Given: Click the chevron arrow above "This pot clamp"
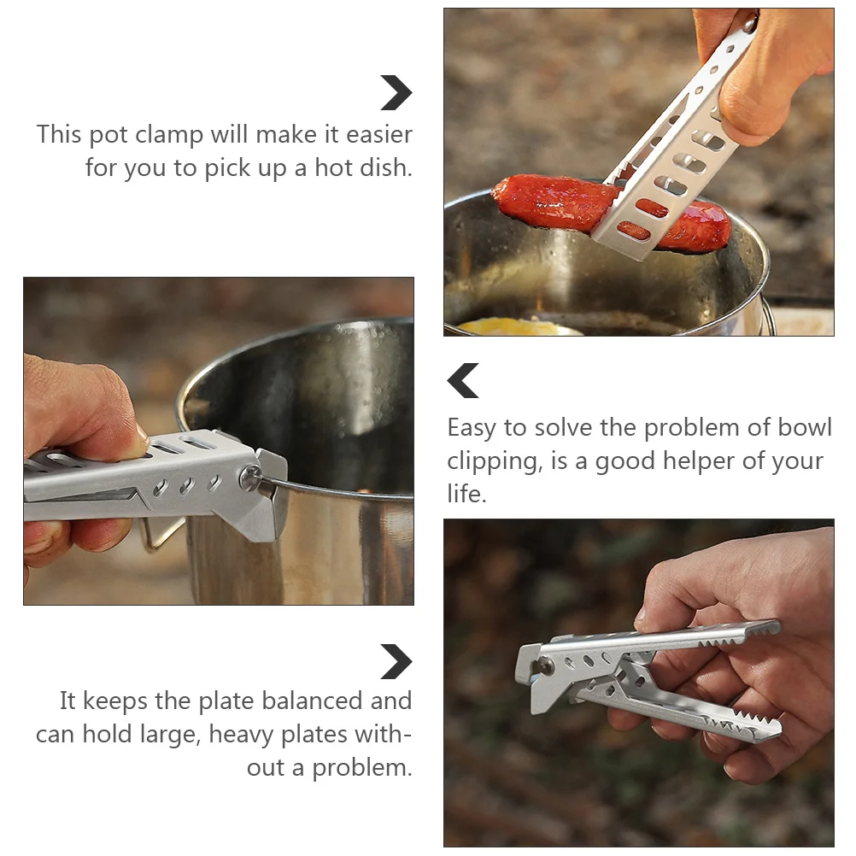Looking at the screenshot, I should point(396,93).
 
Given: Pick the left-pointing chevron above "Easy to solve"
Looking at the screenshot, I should point(463,380).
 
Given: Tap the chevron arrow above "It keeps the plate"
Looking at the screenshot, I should point(396,661).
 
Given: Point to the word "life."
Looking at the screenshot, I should point(466,494).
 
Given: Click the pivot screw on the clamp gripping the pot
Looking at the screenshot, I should point(250,477).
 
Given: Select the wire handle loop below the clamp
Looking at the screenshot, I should point(162,534).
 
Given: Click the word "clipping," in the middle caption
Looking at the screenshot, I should point(492,461).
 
